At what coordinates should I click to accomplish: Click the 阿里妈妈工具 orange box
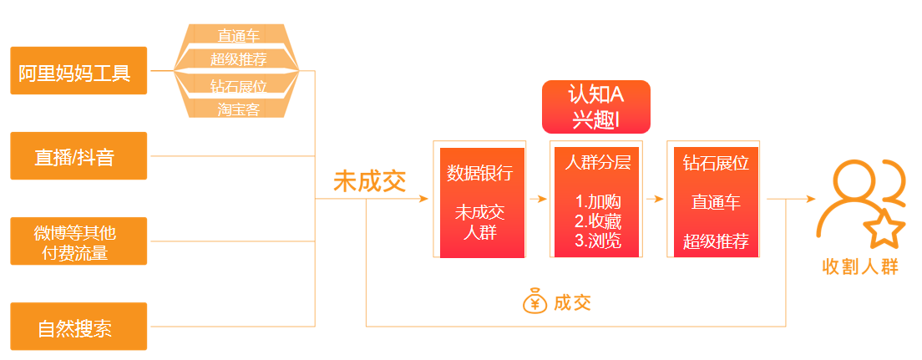point(79,71)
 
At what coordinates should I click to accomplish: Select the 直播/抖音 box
point(79,156)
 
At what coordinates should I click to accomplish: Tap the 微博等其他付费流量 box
point(79,241)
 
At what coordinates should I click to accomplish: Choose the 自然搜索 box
point(79,327)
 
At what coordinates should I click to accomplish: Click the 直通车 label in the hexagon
point(238,36)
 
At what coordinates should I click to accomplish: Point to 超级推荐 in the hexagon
point(238,58)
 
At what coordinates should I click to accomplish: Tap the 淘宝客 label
point(238,109)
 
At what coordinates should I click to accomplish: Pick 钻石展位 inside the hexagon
point(238,87)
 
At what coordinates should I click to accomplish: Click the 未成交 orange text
point(370,181)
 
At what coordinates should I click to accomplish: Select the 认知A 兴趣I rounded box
point(596,107)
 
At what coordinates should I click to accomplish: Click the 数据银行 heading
point(480,173)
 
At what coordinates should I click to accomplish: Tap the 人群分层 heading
point(597,162)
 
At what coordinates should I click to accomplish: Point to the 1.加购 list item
point(598,202)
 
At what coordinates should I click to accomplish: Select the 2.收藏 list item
point(598,221)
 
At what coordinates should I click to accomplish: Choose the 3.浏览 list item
point(598,241)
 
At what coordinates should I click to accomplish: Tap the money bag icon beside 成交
point(534,301)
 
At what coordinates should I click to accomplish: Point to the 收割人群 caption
point(860,267)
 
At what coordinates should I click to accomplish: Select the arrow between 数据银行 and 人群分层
point(538,199)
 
